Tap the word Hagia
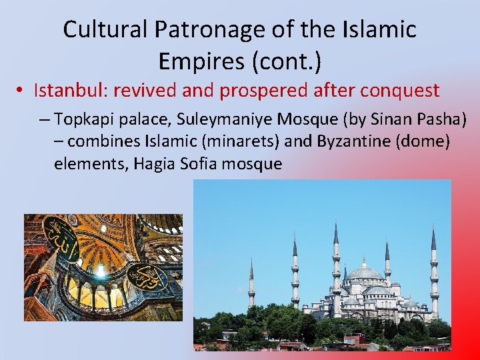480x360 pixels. click(x=154, y=163)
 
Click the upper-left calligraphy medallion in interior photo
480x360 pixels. click(x=60, y=239)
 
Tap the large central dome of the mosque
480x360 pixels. click(x=364, y=271)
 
